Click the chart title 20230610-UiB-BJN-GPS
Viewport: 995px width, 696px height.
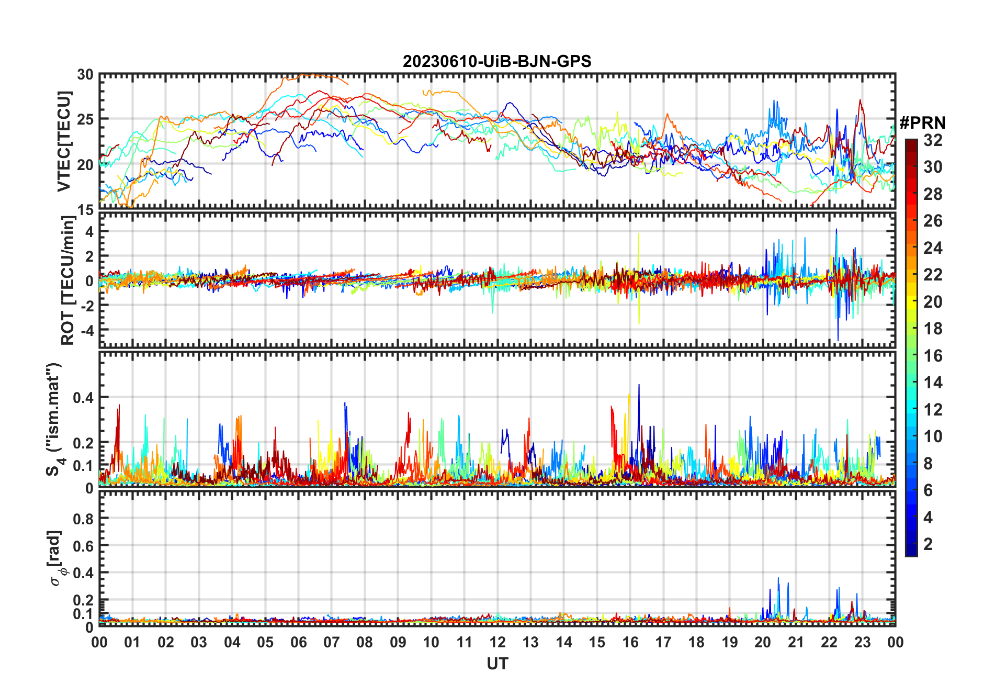tap(497, 62)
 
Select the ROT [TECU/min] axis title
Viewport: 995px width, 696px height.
tap(68, 280)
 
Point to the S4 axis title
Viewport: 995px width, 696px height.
tap(53, 419)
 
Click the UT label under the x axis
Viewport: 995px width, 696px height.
tap(497, 664)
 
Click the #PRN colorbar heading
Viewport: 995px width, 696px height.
tap(922, 123)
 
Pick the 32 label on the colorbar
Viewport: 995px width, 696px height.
tap(933, 140)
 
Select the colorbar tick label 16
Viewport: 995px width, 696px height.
tap(933, 356)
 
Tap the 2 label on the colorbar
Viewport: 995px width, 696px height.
tap(928, 544)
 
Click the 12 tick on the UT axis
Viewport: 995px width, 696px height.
tap(497, 643)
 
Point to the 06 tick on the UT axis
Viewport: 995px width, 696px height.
tap(299, 643)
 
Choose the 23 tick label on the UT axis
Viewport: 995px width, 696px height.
tap(862, 643)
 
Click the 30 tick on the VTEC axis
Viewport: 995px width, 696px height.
tap(85, 75)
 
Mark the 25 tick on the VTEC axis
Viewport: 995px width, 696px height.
tap(85, 119)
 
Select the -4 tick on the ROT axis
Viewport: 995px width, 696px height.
tap(85, 330)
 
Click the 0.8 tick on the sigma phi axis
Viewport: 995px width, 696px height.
tap(83, 519)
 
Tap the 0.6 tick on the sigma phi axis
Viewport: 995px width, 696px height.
tap(83, 546)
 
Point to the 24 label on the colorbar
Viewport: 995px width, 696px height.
tap(933, 248)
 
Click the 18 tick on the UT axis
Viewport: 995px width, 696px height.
tap(696, 643)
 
